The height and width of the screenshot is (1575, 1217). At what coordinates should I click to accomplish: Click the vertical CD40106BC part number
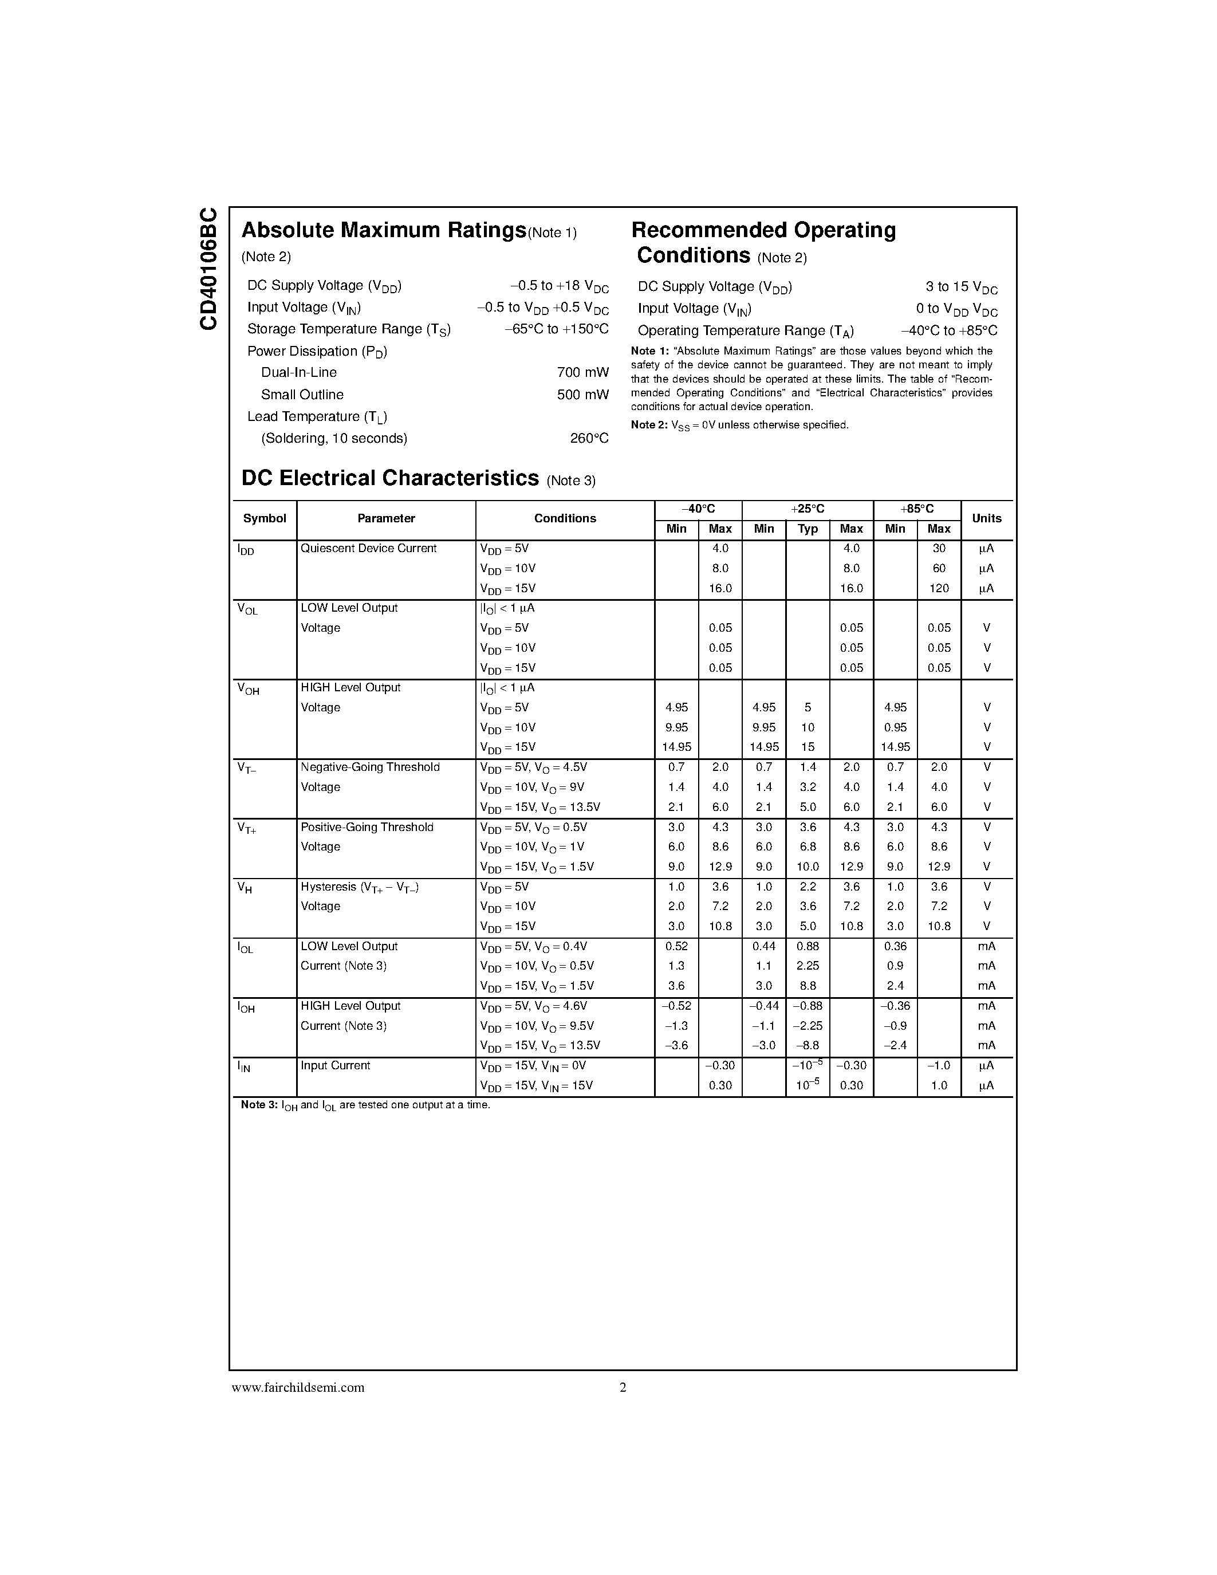pos(208,269)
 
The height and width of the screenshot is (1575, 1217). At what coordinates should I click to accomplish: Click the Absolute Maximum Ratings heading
pos(384,230)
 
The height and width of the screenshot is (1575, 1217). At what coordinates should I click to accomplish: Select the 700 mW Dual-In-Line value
pos(582,373)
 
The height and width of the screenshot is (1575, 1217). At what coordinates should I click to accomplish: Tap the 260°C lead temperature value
pos(589,439)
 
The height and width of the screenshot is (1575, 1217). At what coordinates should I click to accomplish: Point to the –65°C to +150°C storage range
pos(557,329)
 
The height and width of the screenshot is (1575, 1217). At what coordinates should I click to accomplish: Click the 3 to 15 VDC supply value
pos(961,287)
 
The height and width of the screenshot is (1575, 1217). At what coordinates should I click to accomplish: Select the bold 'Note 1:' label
pos(649,351)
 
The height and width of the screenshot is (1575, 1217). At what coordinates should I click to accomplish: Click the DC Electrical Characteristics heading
pos(390,478)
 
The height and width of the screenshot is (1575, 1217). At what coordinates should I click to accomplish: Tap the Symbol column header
pos(265,518)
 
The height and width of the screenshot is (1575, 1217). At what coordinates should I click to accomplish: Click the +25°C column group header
pos(808,509)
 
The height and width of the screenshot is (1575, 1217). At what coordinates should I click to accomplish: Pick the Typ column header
pos(808,529)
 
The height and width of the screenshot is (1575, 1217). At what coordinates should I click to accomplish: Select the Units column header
pos(986,518)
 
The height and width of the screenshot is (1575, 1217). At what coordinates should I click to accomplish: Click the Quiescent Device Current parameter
pos(368,549)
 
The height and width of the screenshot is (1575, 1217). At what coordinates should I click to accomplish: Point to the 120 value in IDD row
pos(939,588)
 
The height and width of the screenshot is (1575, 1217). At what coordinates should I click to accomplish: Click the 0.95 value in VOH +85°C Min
pos(895,727)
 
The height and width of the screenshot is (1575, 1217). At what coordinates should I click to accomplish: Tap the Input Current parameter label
pos(335,1066)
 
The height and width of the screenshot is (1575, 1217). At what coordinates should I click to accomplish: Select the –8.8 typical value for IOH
pos(808,1046)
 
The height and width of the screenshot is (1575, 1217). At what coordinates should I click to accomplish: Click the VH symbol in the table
pos(245,888)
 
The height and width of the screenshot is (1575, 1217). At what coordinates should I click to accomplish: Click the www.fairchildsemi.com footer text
pos(298,1388)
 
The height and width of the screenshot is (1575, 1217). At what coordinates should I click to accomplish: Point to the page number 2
pos(623,1388)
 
